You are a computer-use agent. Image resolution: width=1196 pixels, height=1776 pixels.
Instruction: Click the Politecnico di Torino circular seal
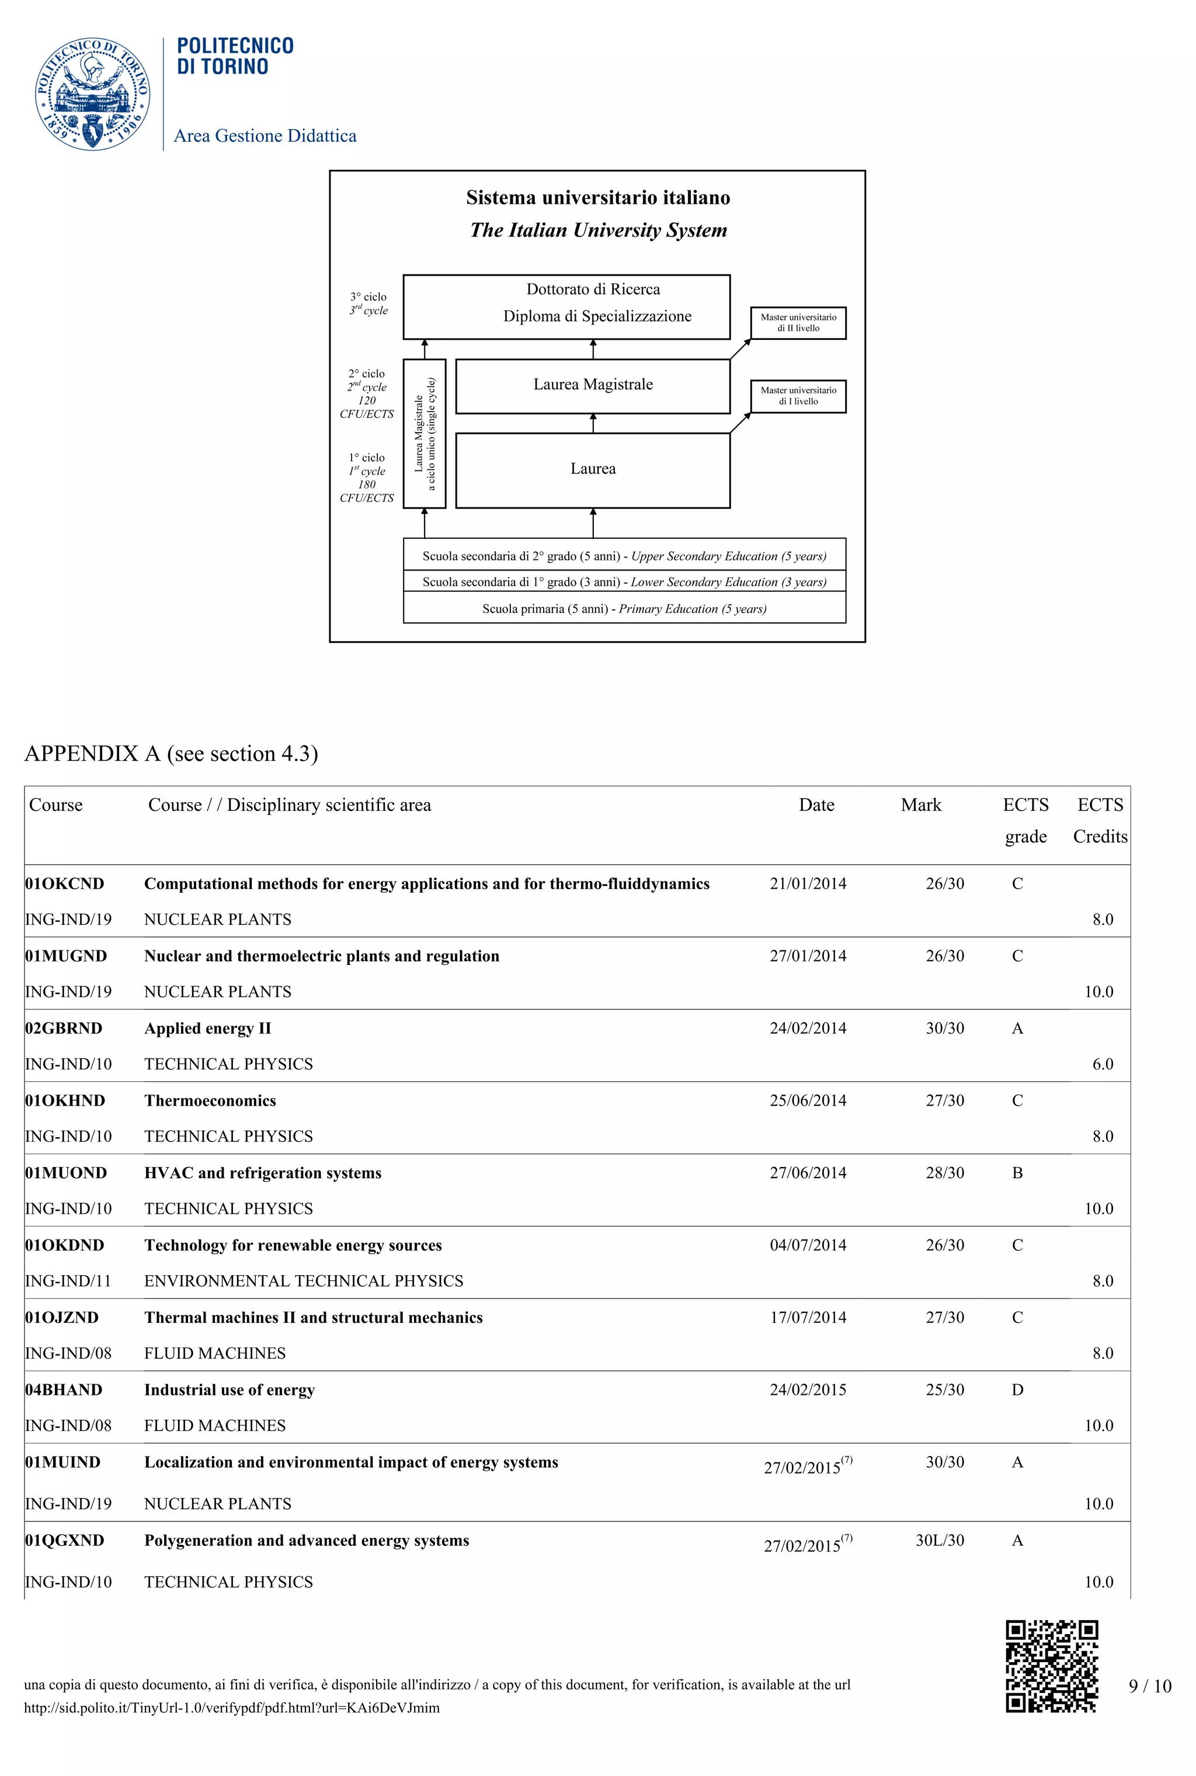click(x=92, y=94)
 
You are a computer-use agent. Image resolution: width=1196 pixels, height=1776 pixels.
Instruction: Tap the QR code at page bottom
click(x=1051, y=1666)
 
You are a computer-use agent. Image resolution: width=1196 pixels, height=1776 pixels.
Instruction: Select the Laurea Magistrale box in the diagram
click(x=593, y=385)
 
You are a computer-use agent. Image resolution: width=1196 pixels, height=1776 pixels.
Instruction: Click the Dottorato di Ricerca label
click(x=593, y=289)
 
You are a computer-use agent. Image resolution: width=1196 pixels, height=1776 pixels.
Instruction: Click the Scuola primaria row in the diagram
click(x=624, y=608)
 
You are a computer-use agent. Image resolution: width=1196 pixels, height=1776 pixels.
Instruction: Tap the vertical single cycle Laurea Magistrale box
click(x=424, y=433)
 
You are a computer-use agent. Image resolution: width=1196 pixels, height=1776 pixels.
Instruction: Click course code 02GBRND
click(x=64, y=1028)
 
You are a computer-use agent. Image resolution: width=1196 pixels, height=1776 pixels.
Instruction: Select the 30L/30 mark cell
click(x=939, y=1540)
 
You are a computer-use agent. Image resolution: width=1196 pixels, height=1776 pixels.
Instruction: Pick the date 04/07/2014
click(x=808, y=1245)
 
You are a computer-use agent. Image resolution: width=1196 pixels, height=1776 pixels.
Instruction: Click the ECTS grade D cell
click(x=1017, y=1390)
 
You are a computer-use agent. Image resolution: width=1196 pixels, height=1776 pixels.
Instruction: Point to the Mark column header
click(x=920, y=805)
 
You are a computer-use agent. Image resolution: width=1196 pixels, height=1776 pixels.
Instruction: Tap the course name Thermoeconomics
click(x=210, y=1101)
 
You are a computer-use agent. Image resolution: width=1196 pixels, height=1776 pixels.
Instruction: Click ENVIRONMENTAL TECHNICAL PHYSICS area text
click(x=304, y=1280)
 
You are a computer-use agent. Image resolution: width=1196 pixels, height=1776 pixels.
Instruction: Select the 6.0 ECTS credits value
click(x=1102, y=1064)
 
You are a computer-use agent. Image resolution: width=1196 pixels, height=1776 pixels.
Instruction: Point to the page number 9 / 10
click(x=1149, y=1686)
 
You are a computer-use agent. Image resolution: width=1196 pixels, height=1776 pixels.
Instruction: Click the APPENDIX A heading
click(x=171, y=753)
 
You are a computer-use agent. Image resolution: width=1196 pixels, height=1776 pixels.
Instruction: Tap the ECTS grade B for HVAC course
click(x=1017, y=1173)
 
